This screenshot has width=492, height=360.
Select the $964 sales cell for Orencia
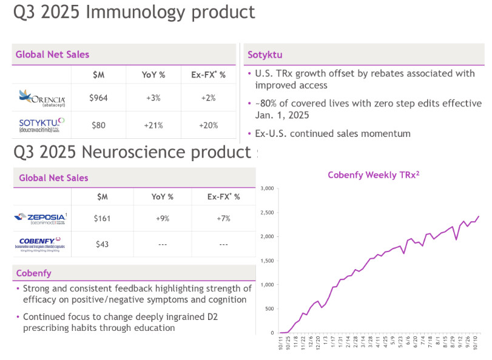coord(98,98)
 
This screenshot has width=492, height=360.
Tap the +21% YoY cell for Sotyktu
coord(154,125)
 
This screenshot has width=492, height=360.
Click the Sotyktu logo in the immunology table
coord(42,125)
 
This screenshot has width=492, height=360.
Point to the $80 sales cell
coord(98,125)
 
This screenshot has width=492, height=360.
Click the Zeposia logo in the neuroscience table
coord(42,218)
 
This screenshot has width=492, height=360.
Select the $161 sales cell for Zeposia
coord(102,218)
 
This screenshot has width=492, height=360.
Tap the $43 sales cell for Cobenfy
coord(102,244)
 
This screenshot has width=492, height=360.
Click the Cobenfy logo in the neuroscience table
coord(42,244)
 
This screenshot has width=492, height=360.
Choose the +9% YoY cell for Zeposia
coord(162,218)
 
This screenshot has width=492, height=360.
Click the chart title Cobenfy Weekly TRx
coord(374,175)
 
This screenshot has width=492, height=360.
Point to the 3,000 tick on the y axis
coord(266,188)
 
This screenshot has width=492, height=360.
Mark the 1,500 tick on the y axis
coord(266,261)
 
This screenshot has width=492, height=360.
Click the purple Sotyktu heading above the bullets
coord(265,55)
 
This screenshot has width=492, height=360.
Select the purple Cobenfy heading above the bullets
coord(33,273)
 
